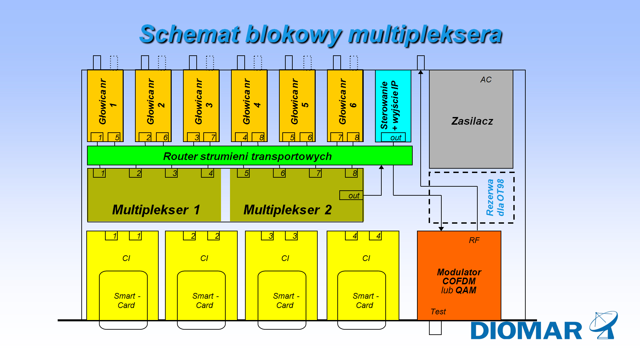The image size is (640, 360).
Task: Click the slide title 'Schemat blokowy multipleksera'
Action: (x=321, y=34)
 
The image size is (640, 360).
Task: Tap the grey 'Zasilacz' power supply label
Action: (x=472, y=121)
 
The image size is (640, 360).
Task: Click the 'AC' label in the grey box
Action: (x=486, y=80)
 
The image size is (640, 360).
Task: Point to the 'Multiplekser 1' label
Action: (x=156, y=210)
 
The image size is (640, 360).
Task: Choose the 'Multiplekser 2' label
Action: (x=287, y=210)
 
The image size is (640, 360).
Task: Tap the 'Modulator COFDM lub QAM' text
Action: (x=459, y=281)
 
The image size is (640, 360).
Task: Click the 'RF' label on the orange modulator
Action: (x=474, y=240)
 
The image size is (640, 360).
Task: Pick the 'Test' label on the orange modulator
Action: (x=438, y=312)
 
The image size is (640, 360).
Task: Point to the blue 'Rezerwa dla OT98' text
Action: (x=495, y=197)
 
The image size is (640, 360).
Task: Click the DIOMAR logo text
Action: (x=526, y=331)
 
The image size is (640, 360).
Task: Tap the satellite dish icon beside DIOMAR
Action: (x=604, y=325)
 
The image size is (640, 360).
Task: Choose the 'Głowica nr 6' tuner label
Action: (x=347, y=102)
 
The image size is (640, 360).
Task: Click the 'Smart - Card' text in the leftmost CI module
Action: (x=127, y=300)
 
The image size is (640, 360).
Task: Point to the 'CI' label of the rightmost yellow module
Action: (x=366, y=258)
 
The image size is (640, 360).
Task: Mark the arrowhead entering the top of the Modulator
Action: (x=441, y=229)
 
